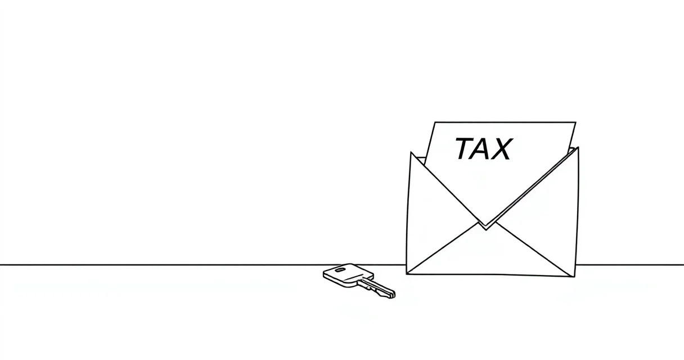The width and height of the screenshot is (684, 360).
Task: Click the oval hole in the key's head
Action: pyautogui.click(x=340, y=269)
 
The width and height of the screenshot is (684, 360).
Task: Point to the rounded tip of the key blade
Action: pyautogui.click(x=393, y=294)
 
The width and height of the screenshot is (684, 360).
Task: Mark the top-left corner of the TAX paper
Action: pyautogui.click(x=434, y=122)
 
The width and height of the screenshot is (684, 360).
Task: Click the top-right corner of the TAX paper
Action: pyautogui.click(x=576, y=123)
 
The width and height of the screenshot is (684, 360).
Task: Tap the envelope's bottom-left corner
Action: pyautogui.click(x=407, y=273)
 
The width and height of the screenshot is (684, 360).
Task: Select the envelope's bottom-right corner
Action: pyautogui.click(x=574, y=277)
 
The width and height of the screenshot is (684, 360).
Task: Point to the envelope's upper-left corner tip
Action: pyautogui.click(x=411, y=152)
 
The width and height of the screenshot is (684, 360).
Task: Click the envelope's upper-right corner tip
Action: pyautogui.click(x=578, y=148)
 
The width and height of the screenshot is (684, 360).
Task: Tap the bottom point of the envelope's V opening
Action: pyautogui.click(x=486, y=229)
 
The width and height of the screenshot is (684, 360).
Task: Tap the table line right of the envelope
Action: pyautogui.click(x=629, y=265)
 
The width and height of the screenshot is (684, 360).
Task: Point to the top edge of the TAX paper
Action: pyautogui.click(x=505, y=122)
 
